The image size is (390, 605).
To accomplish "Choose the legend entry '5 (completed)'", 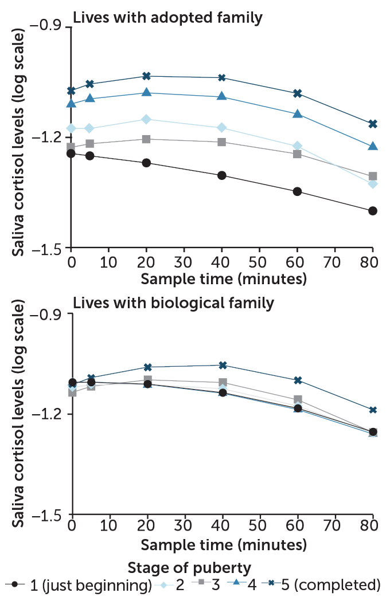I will [325, 585].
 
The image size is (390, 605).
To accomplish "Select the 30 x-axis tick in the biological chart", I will [184, 527].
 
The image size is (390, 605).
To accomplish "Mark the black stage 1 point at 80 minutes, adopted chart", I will [372, 211].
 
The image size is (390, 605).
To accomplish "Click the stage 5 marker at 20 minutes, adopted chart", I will [147, 76].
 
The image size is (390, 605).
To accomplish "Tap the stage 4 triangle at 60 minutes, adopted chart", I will [297, 114].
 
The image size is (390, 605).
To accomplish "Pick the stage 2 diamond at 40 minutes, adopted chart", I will [222, 127].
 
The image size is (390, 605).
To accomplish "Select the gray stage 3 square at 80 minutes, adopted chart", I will [372, 176].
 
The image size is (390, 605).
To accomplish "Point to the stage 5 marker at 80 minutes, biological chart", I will [372, 410].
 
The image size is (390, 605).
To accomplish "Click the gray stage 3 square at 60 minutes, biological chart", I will [297, 399].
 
